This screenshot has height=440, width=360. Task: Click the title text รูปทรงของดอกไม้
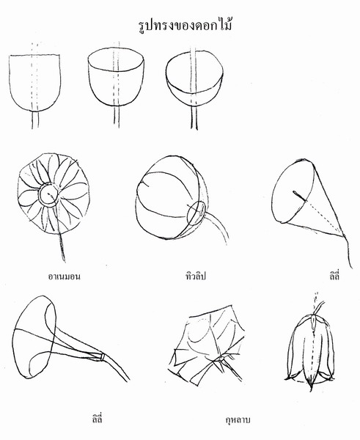[x=185, y=26]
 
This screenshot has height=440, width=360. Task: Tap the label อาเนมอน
[x=65, y=276]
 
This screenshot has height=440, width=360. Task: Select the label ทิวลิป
[x=196, y=276]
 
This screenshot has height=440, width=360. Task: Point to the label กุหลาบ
[x=238, y=420]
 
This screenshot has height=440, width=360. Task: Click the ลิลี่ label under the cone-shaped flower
[x=334, y=276]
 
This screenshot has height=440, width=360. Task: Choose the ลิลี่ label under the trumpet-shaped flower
[x=97, y=419]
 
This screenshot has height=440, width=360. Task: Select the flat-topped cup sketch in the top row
[x=34, y=82]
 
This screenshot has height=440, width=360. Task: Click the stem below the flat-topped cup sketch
[x=34, y=120]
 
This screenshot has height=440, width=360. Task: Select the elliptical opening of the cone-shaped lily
[x=293, y=191]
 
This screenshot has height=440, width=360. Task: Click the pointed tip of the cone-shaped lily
[x=344, y=235]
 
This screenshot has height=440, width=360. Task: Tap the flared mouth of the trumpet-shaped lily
[x=34, y=337]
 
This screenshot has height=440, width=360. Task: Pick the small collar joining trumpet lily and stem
[x=103, y=356]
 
